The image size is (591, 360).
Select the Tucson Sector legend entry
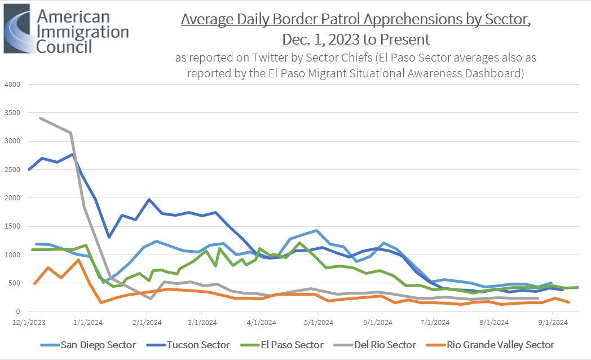(x=193, y=345)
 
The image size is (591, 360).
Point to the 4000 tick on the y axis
(x=12, y=85)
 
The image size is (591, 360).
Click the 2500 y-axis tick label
(x=12, y=170)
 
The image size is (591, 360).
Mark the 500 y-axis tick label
(x=14, y=283)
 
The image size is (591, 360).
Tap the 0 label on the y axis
(x=18, y=311)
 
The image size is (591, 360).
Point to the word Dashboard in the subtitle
(x=492, y=73)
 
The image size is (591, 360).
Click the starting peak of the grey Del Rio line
(x=39, y=118)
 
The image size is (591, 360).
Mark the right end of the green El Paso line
(x=578, y=287)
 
